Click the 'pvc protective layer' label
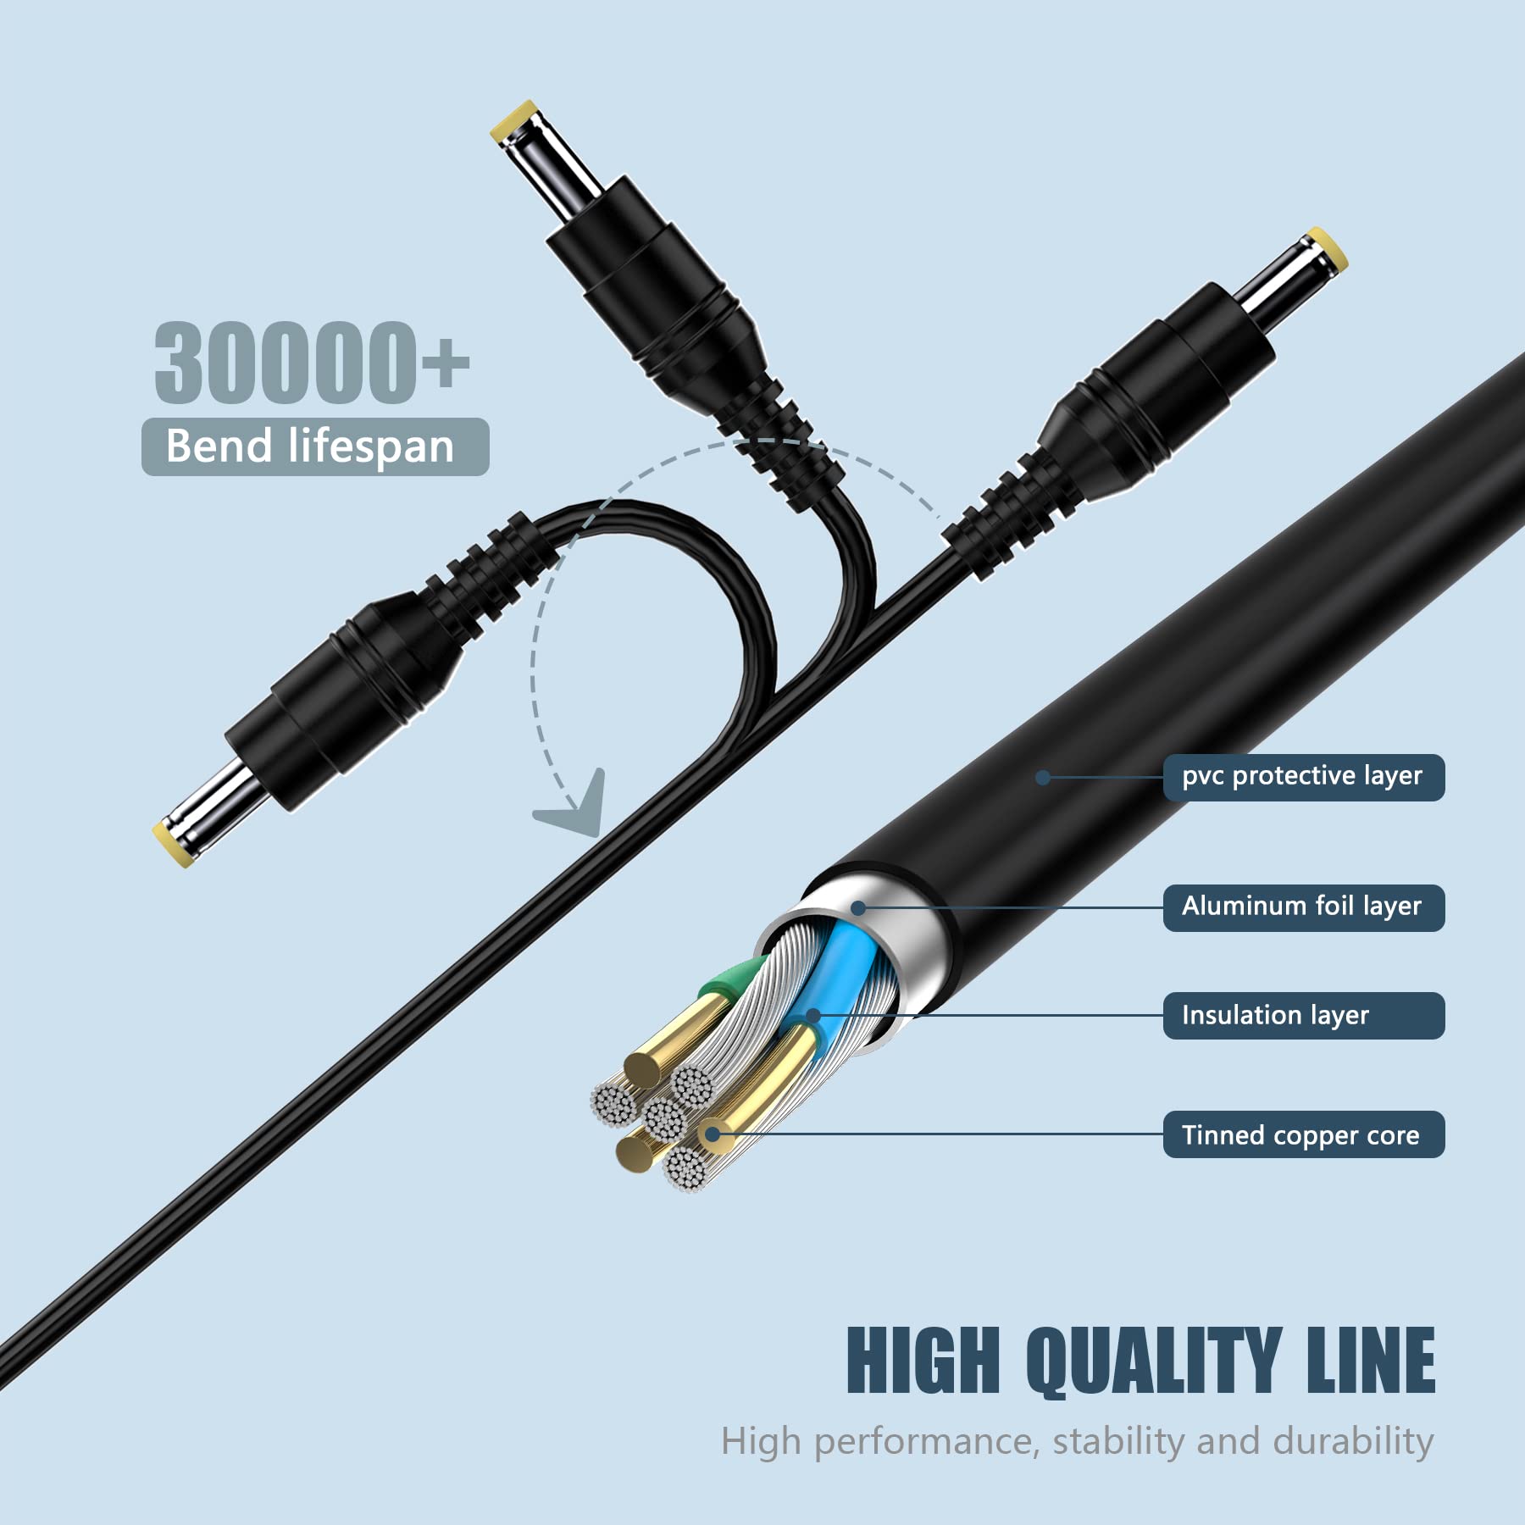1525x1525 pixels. coord(1303,777)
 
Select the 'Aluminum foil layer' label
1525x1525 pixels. coord(1303,907)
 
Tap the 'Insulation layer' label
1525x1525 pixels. coord(1303,1015)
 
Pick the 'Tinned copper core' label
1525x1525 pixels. coord(1303,1134)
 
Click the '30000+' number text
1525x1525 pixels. coord(312,362)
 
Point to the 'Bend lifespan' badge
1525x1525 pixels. coord(315,446)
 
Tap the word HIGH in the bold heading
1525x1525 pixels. coord(923,1360)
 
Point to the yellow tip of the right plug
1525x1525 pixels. coord(1327,249)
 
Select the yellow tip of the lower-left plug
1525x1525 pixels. coord(175,844)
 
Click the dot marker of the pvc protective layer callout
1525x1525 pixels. coord(1043,777)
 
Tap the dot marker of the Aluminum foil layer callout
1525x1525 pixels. coord(857,908)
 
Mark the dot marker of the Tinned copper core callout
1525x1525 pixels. coord(713,1134)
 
